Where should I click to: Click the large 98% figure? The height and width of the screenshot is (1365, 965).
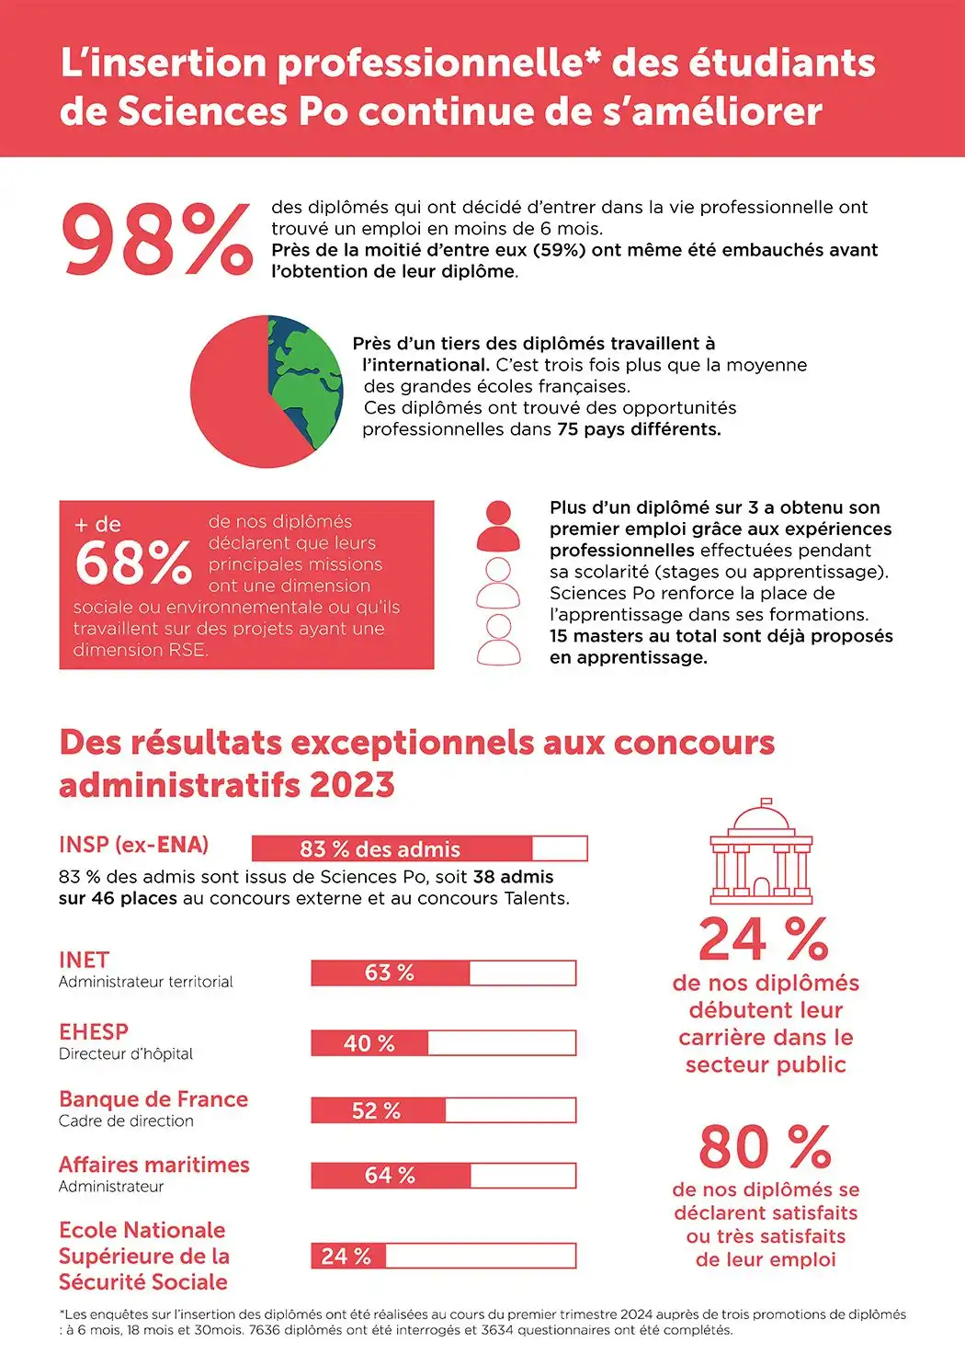tap(156, 240)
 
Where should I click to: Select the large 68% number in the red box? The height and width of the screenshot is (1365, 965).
tap(133, 563)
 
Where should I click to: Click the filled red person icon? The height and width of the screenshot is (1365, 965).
tap(498, 526)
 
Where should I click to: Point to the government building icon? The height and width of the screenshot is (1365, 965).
tap(762, 851)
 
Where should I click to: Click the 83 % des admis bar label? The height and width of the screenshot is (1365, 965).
tap(380, 848)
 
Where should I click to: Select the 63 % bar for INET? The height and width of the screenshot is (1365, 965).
tap(444, 973)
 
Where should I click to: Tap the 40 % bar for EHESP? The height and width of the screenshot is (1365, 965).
tap(444, 1042)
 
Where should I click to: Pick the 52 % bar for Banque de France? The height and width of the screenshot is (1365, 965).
tap(444, 1110)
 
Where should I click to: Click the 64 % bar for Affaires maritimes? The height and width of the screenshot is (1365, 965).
tap(444, 1176)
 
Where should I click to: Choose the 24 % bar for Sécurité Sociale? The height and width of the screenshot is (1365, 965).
tap(444, 1256)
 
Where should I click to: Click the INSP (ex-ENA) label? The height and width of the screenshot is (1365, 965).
tap(134, 845)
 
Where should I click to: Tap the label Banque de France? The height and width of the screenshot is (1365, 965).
tap(153, 1098)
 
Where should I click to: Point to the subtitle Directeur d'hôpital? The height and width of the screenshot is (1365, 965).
tap(126, 1053)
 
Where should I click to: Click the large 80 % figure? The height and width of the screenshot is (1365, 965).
tap(766, 1147)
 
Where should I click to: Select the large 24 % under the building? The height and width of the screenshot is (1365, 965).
tap(764, 939)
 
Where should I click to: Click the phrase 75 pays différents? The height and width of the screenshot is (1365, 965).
tap(639, 429)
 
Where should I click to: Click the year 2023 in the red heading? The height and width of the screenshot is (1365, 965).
tap(352, 784)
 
